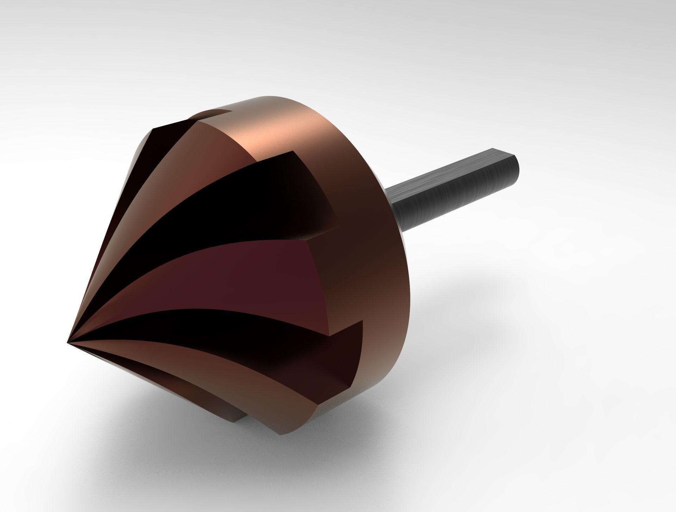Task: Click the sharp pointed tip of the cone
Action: pyautogui.click(x=68, y=341)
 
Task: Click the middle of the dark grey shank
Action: pyautogui.click(x=454, y=187)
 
